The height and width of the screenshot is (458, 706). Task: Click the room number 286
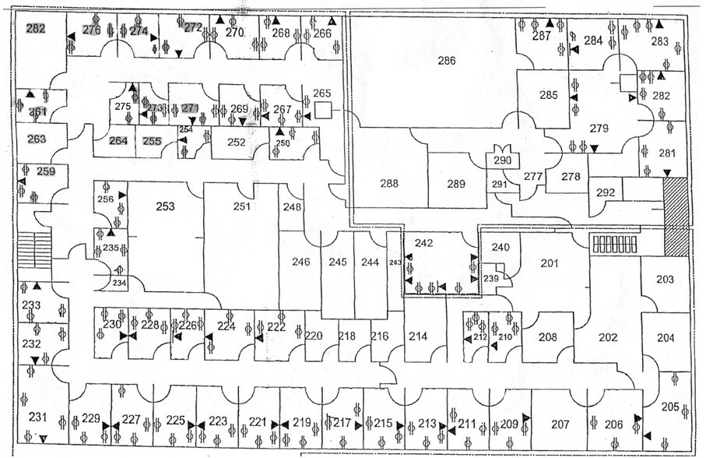(x=446, y=60)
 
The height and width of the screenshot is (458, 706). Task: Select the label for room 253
(x=165, y=206)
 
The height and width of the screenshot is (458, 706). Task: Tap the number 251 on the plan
(x=243, y=206)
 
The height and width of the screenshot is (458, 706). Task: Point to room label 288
(x=388, y=185)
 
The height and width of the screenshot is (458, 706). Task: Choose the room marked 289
(x=456, y=185)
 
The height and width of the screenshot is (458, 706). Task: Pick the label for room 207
(x=560, y=425)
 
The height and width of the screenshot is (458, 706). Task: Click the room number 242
(x=423, y=243)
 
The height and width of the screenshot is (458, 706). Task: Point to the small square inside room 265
(x=325, y=111)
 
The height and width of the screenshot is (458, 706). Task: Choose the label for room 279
(x=598, y=128)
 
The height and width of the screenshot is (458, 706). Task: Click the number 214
(x=418, y=336)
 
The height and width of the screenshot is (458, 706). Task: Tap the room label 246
(x=300, y=262)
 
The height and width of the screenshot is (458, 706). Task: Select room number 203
(x=665, y=279)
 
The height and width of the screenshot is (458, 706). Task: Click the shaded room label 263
(x=37, y=139)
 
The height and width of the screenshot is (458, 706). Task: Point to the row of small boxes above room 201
(x=615, y=244)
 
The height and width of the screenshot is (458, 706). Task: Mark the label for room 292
(x=605, y=192)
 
